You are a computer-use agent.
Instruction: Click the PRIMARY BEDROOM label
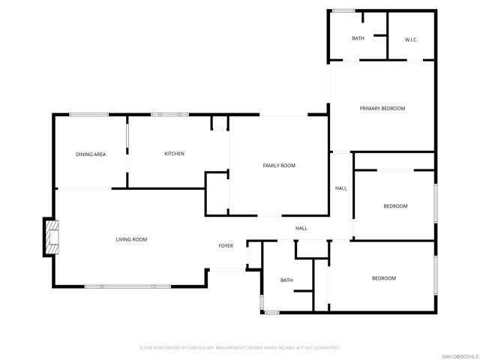[x=382, y=109]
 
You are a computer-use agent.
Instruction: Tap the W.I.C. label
[x=411, y=39]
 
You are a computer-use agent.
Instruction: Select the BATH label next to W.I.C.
[x=358, y=38]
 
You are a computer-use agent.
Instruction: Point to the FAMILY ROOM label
[x=279, y=166]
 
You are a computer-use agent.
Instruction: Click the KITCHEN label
[x=174, y=154]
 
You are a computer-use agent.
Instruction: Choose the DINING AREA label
[x=90, y=154]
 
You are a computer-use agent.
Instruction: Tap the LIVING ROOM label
[x=131, y=239]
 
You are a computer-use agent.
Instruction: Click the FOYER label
[x=226, y=246]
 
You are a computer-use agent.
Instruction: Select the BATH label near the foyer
[x=286, y=280]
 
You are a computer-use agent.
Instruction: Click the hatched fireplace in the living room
[x=51, y=237]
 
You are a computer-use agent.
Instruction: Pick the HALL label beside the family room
[x=340, y=188]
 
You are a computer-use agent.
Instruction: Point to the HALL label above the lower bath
[x=301, y=228]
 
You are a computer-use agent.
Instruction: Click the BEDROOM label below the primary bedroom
[x=395, y=206]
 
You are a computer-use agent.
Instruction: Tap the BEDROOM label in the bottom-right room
[x=384, y=278]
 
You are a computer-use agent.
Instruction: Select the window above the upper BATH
[x=344, y=10]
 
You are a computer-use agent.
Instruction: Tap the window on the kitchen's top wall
[x=169, y=115]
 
